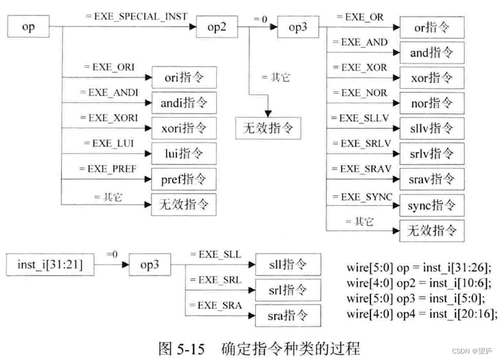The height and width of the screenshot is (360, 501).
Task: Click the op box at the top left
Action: [28, 27]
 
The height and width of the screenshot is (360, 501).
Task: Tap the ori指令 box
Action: [183, 77]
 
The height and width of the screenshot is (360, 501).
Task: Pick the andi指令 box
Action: [183, 102]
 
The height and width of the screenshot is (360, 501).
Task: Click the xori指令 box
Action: [183, 128]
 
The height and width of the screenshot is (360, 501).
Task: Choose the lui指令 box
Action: [183, 154]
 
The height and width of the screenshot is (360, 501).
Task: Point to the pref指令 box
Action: [183, 179]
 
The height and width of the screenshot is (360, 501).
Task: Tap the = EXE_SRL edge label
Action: [215, 280]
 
